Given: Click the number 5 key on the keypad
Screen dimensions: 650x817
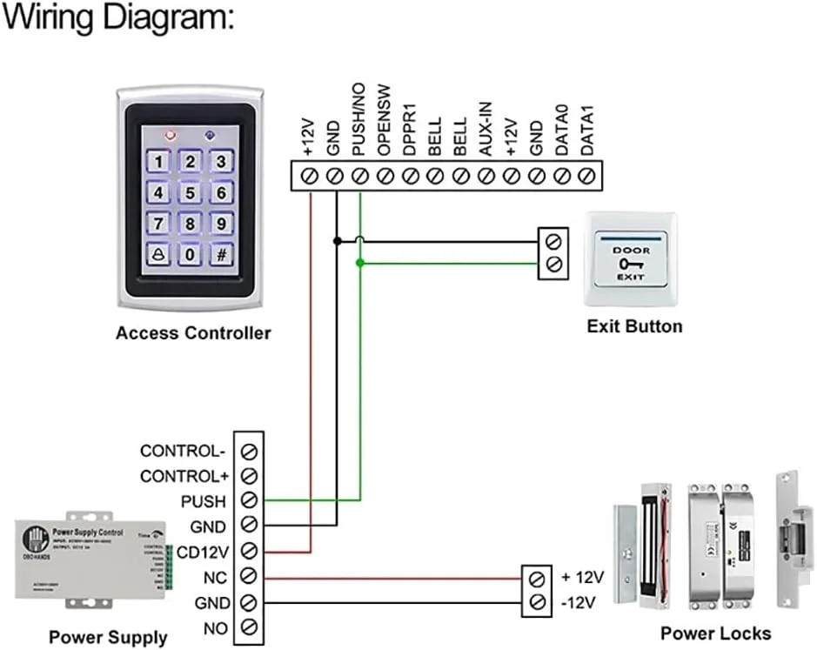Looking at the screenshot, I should tap(191, 192).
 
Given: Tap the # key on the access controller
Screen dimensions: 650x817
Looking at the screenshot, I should tap(223, 255).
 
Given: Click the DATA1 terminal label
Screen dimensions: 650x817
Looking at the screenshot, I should tap(588, 131).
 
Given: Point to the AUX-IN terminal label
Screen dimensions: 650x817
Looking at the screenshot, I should tap(486, 130).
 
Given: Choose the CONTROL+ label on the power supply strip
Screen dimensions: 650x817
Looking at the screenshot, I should tap(184, 476).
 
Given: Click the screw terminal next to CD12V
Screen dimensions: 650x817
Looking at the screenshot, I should tap(250, 551).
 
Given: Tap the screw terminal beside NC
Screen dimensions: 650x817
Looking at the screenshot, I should tap(250, 576).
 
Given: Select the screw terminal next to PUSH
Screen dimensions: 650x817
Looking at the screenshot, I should tap(250, 500).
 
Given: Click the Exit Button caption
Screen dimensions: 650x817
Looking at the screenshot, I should tap(634, 326).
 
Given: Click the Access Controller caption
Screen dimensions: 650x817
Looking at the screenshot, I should tap(193, 332).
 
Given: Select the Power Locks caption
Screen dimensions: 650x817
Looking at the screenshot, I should tap(715, 633).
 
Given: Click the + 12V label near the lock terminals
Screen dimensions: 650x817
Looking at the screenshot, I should tap(582, 577).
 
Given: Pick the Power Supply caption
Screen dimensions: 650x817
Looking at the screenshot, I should tap(108, 637).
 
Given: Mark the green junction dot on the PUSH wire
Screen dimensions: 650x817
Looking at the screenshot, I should tap(360, 262).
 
